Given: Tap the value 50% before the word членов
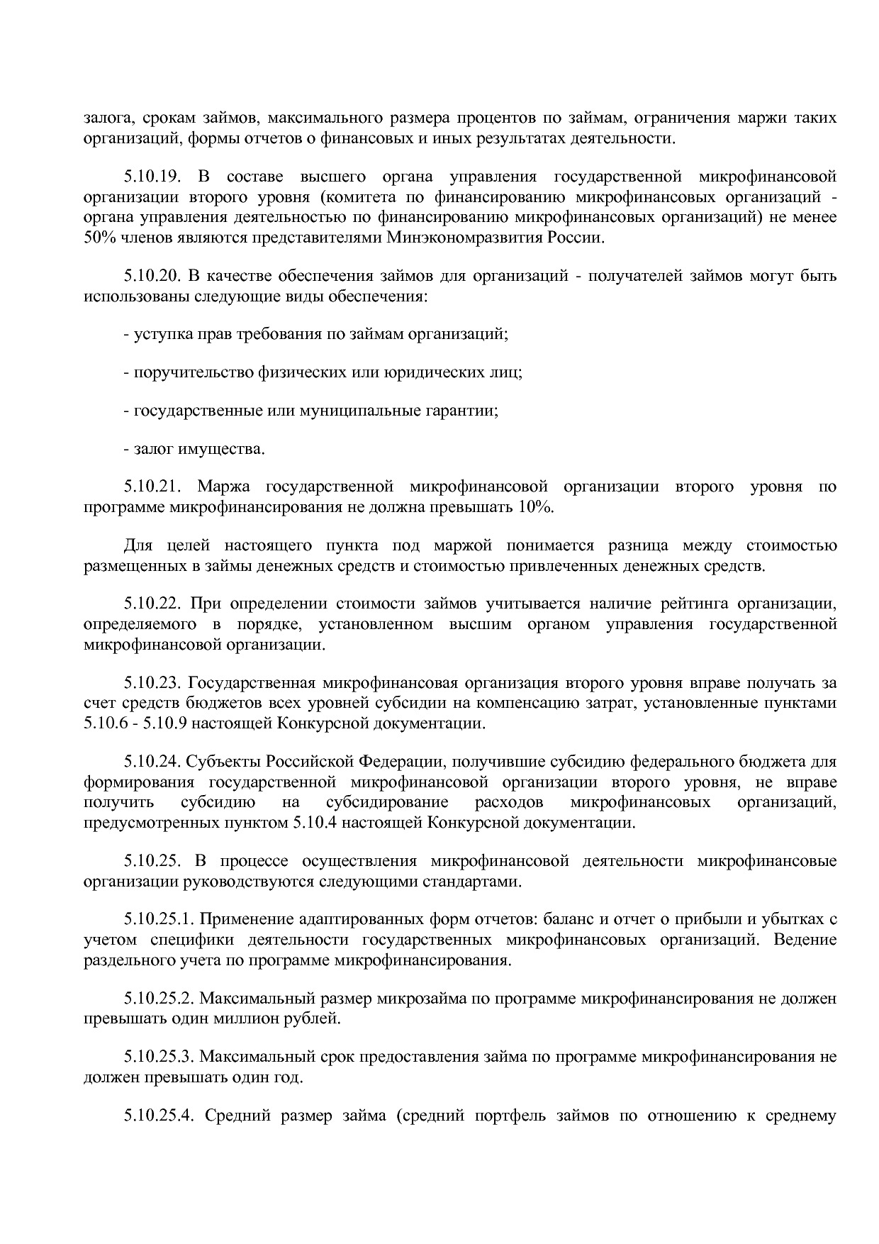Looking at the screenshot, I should coord(98,238).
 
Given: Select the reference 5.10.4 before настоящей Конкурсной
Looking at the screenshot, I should coord(311,823).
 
